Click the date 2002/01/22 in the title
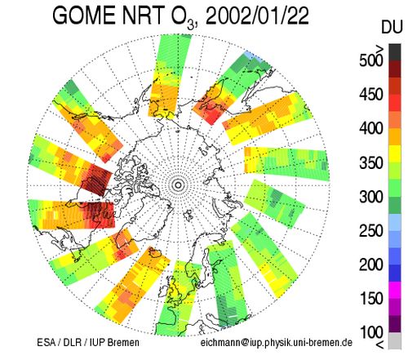pos(257,16)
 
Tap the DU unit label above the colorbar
pos(392,27)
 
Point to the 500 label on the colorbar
pos(371,60)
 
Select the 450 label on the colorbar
pos(371,95)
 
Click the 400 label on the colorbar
pos(371,128)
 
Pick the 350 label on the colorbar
pos(371,162)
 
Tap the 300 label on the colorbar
pos(371,197)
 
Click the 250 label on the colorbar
pos(371,231)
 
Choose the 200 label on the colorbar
pos(371,264)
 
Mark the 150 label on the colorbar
pos(371,298)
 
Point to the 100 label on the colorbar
pos(371,332)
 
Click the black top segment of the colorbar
pos(395,52)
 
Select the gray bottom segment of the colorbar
pos(395,340)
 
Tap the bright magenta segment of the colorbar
pos(395,290)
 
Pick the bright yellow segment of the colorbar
pos(395,153)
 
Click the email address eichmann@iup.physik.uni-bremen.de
pos(277,342)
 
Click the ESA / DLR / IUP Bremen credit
pos(88,342)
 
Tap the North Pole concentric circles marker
pos(178,185)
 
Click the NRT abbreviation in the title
pos(143,16)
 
